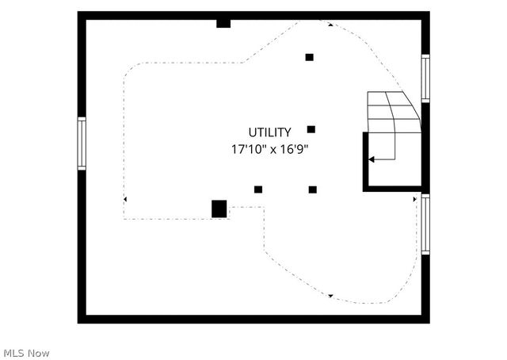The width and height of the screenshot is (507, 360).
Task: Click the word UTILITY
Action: coord(269,132)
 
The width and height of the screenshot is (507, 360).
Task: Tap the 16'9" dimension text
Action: coord(294,149)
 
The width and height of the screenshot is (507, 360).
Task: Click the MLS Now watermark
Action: coord(26,353)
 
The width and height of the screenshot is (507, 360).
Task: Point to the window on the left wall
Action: coord(82,144)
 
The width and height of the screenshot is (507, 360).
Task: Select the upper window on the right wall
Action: coord(425,79)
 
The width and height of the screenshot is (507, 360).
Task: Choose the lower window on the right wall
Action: coord(425,224)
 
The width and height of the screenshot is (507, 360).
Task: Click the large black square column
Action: coord(219,209)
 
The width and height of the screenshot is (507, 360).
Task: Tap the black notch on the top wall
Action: coord(223,24)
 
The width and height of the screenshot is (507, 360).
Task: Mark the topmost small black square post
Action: coord(310,57)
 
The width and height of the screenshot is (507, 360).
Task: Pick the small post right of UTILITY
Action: coord(311,129)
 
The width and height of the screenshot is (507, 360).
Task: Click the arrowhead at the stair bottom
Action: coord(372,159)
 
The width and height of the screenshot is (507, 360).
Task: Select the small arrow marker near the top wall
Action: coord(330,25)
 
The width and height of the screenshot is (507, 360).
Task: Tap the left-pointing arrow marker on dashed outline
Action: coord(125,199)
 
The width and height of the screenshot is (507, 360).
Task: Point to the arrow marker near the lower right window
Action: coord(415,199)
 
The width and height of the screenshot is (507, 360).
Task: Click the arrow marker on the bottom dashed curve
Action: coord(330,296)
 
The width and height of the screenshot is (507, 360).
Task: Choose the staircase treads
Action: coord(395,112)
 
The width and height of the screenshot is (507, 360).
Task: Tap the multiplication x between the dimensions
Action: coord(273,150)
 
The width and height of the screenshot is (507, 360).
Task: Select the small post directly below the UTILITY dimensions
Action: coord(258,190)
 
